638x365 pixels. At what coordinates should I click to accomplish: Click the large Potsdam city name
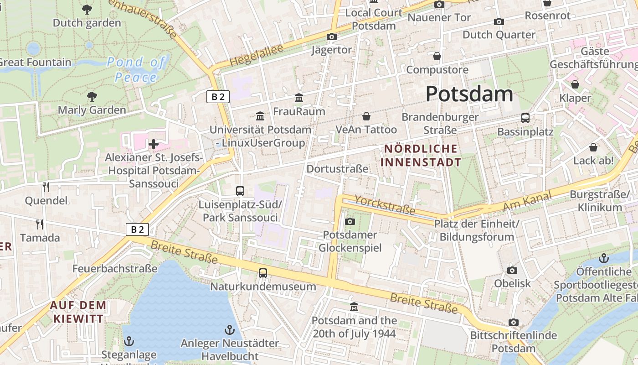pyautogui.click(x=469, y=94)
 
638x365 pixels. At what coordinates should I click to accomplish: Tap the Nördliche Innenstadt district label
pyautogui.click(x=421, y=156)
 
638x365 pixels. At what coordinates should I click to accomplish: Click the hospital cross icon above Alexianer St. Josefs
pyautogui.click(x=154, y=145)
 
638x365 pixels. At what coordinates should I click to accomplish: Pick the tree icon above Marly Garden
pyautogui.click(x=92, y=96)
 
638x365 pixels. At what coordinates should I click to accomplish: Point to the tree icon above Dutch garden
pyautogui.click(x=87, y=9)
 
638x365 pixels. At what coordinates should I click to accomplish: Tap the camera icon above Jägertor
pyautogui.click(x=331, y=36)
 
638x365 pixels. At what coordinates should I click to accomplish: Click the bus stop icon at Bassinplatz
pyautogui.click(x=525, y=118)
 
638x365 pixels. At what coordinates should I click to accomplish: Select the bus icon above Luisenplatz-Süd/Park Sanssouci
pyautogui.click(x=240, y=191)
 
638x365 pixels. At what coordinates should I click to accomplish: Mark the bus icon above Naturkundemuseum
pyautogui.click(x=262, y=273)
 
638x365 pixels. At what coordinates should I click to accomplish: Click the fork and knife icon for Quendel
pyautogui.click(x=46, y=187)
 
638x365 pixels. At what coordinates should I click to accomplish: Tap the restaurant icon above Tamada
pyautogui.click(x=40, y=224)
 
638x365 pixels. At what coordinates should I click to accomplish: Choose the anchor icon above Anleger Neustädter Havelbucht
pyautogui.click(x=230, y=329)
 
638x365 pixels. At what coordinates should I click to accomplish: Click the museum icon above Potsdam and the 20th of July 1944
pyautogui.click(x=354, y=307)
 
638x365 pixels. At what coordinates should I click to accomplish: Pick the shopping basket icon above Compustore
pyautogui.click(x=437, y=56)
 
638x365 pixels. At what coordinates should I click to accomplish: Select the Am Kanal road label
pyautogui.click(x=527, y=201)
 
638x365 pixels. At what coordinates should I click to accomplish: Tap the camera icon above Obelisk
pyautogui.click(x=512, y=270)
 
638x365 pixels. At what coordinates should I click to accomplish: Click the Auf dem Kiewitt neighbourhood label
pyautogui.click(x=78, y=312)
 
